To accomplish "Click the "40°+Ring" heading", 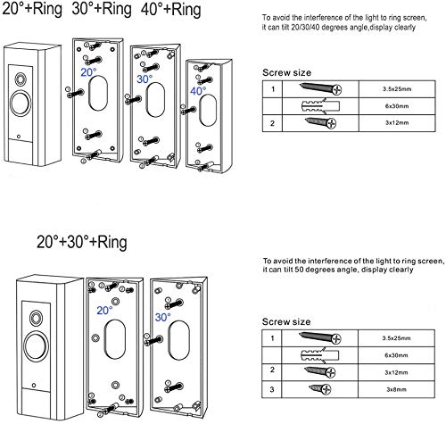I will tap(179, 15).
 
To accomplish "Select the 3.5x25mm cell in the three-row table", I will tap(387, 90).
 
